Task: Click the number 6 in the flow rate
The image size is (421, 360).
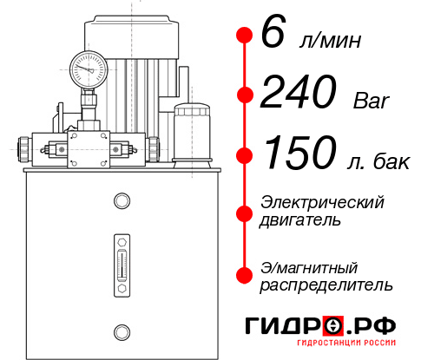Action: point(273,35)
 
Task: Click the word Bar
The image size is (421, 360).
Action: point(372,101)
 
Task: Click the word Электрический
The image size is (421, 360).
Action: point(322,202)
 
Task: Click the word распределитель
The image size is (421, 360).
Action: point(326,284)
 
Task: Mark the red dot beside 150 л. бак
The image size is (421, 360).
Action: point(245,155)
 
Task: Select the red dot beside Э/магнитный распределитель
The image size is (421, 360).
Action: point(245,274)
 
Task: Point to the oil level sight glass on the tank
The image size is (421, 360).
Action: point(121,260)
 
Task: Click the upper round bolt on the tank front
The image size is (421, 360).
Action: point(121,202)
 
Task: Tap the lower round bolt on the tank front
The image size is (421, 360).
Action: point(121,330)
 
